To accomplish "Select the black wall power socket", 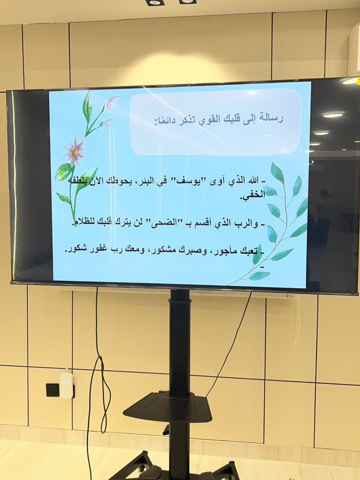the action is tap(53, 390).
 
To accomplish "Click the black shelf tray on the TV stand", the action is tap(168, 407).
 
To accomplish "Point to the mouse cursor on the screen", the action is tap(313, 162).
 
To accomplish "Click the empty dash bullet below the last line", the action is tap(262, 267).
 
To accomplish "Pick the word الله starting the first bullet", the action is tap(252, 181).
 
